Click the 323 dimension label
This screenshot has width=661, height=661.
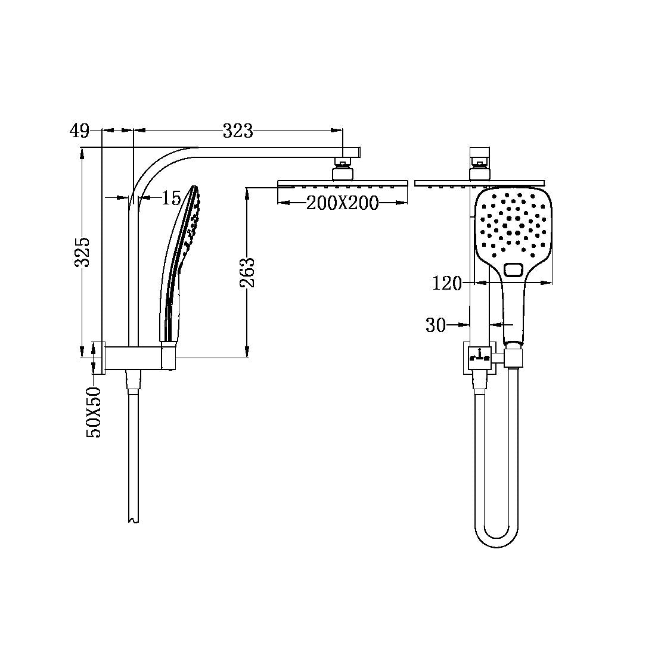click(238, 131)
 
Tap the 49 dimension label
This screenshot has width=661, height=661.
click(79, 131)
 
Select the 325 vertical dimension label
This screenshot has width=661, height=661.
click(83, 252)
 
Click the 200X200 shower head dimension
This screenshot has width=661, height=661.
click(342, 203)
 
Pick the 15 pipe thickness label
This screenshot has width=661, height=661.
click(171, 198)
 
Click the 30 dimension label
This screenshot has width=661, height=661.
click(436, 325)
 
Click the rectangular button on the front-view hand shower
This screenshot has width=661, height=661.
click(514, 270)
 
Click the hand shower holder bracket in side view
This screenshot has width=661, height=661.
click(168, 357)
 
